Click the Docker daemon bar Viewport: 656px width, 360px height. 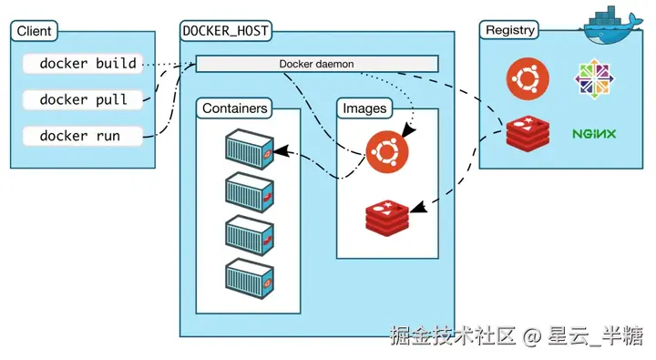click(x=317, y=64)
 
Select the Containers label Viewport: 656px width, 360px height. click(x=235, y=108)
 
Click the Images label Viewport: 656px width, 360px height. click(x=364, y=108)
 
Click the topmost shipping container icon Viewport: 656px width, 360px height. click(x=249, y=149)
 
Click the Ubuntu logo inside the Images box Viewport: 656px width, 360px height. click(x=387, y=150)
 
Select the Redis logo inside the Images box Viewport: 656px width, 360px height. click(x=388, y=214)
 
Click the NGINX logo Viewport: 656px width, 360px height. click(x=594, y=134)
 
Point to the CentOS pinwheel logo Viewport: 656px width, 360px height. click(x=593, y=79)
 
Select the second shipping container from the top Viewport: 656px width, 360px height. click(x=249, y=192)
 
